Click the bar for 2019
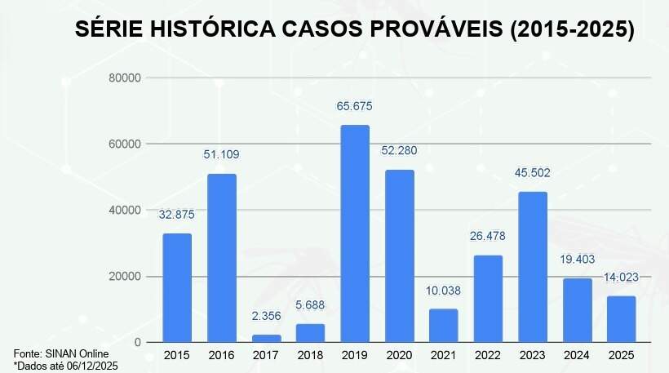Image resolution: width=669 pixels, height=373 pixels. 354,233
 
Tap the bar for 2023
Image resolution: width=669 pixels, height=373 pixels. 532,267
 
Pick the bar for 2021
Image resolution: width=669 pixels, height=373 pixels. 443,325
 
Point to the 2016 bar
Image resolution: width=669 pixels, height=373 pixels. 221,258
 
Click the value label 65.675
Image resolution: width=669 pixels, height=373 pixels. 354,106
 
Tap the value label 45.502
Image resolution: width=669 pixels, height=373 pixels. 532,173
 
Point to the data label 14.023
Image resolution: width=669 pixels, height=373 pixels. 622,278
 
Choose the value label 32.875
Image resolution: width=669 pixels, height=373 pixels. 176,214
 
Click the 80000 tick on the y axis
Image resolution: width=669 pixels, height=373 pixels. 125,78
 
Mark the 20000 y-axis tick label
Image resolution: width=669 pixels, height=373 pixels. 125,276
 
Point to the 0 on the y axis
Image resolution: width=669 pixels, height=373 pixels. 138,342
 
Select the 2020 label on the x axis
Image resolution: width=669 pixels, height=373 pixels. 399,355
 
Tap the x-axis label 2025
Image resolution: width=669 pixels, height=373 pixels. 622,355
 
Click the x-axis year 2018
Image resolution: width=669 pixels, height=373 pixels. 310,355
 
